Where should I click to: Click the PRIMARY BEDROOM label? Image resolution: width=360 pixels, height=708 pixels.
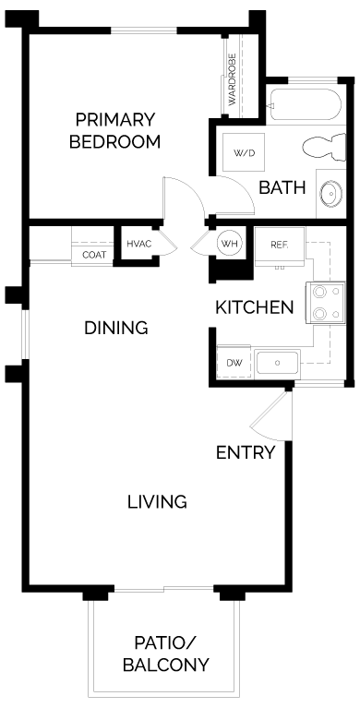[x=116, y=131]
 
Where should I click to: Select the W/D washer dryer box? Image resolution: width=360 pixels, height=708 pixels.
[x=243, y=152]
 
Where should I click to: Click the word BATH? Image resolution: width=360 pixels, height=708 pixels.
[x=282, y=188]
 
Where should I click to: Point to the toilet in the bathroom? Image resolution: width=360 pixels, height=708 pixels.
[x=319, y=149]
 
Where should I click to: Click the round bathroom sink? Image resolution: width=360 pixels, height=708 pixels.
[x=328, y=194]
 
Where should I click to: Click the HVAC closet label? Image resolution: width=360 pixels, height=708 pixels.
[x=138, y=244]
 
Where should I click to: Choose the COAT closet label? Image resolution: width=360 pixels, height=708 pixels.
[x=94, y=255]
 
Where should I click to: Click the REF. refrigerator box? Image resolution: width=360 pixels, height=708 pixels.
[x=280, y=246]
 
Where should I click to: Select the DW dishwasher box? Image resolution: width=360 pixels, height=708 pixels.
[x=234, y=363]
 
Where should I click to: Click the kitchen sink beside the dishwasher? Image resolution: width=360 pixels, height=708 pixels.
[x=275, y=363]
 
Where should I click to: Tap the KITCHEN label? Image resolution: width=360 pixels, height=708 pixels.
[x=255, y=307]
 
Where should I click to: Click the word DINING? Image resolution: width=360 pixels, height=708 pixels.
[x=116, y=328]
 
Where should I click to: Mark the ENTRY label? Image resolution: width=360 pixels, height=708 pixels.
[x=246, y=452]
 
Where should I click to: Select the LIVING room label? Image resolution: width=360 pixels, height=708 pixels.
[x=157, y=502]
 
